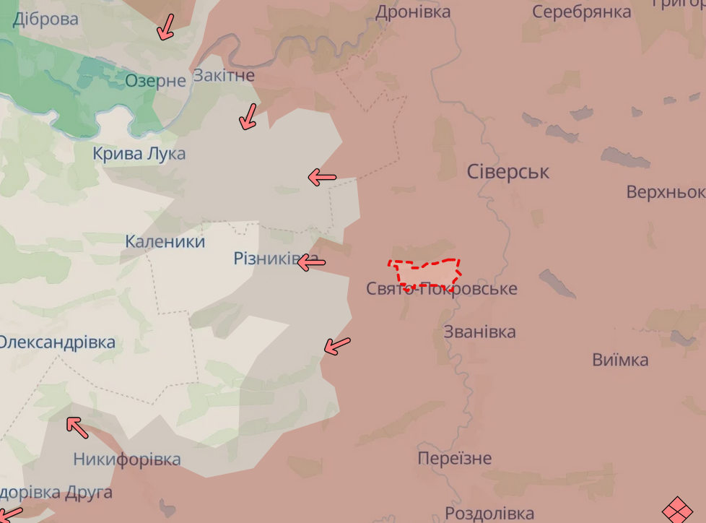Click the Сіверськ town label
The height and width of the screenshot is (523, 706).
coord(507,172)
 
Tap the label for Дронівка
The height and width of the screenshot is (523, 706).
coord(413,12)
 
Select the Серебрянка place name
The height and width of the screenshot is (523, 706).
coord(581,12)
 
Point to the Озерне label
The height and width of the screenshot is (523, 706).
coord(155,80)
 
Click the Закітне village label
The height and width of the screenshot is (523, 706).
coord(223,75)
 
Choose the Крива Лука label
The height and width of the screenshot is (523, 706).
coord(139,153)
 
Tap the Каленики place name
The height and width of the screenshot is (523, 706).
coord(165,241)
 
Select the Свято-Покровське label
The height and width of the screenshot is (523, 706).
coord(441,289)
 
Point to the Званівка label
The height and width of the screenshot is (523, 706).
coord(479,332)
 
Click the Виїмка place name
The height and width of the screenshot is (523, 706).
coord(620,360)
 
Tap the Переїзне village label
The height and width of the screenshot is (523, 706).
coord(454,458)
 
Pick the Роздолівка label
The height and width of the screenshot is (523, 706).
coord(489,513)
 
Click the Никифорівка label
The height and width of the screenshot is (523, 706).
coord(127,459)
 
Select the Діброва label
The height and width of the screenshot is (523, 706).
coord(45,20)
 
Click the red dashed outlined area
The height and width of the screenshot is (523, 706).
coord(426,272)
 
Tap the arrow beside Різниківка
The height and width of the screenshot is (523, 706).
coord(312,262)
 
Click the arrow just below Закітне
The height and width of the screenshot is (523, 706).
coord(248,116)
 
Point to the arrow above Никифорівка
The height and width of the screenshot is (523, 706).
coord(77,428)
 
